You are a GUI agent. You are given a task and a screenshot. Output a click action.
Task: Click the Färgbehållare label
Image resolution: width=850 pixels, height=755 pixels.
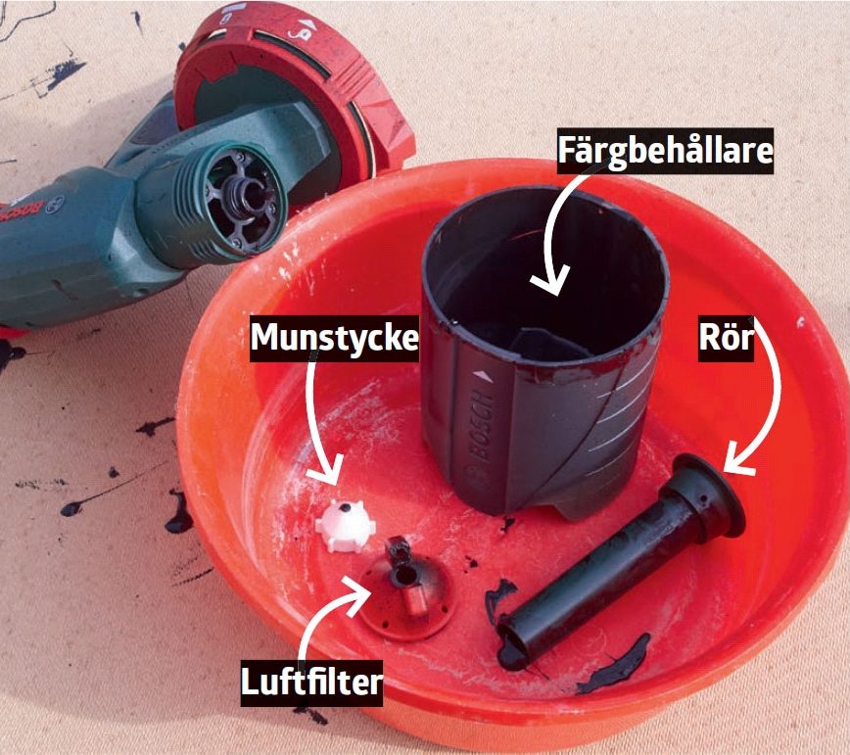(665, 150)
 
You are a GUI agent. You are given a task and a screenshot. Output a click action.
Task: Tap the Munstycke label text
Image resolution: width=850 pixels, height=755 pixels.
(334, 338)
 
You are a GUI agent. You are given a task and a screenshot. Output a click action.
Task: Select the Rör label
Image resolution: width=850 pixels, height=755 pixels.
(726, 338)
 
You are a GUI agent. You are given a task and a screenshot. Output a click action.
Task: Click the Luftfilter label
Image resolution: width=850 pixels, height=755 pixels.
(311, 682)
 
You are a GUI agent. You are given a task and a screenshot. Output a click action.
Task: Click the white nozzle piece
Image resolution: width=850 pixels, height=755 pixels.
(346, 526)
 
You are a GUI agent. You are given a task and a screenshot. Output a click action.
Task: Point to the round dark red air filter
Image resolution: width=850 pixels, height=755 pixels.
(405, 592)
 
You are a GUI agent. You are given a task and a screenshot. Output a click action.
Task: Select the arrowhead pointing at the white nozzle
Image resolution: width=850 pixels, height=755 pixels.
(325, 470)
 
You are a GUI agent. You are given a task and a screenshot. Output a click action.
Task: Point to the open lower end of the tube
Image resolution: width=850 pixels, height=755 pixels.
(513, 645)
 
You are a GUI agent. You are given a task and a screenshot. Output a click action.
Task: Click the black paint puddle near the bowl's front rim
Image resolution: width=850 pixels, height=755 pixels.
(615, 666)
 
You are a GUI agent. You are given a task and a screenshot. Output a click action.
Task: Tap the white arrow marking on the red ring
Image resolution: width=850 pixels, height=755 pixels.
(307, 24)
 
